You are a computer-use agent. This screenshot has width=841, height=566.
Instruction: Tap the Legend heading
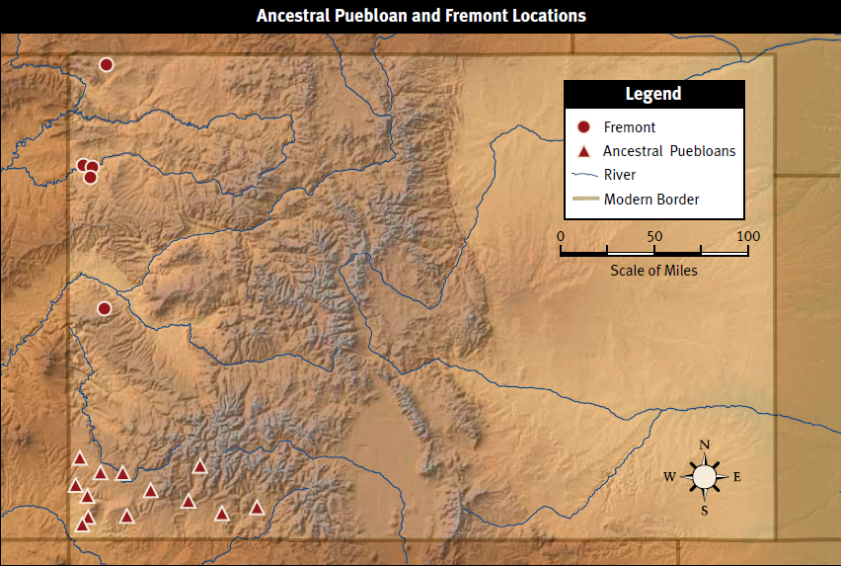pos(653,94)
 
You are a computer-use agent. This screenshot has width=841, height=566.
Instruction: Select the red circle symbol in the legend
pos(583,127)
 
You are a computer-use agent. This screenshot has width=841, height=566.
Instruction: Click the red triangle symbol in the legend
pos(583,152)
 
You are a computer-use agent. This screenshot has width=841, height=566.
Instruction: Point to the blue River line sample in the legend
pos(583,176)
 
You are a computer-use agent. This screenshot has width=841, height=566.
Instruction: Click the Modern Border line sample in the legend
pos(583,200)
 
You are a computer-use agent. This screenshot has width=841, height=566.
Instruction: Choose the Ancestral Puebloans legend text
pos(669,151)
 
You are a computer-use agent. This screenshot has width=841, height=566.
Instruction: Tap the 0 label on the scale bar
pos(561,236)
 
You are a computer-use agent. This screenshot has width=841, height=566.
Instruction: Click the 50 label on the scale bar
pos(653,236)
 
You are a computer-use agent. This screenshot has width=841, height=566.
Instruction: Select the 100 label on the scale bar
pos(747,236)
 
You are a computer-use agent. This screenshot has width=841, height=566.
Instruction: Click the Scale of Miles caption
pos(653,271)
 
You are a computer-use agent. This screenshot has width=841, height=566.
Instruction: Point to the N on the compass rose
pos(705,445)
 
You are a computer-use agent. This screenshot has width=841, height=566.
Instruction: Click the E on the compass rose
pos(736,477)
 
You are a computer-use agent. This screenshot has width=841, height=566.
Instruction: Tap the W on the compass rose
pos(670,477)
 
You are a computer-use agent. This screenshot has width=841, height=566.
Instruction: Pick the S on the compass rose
pos(705,510)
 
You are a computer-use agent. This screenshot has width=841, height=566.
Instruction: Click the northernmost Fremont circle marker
pos(107,65)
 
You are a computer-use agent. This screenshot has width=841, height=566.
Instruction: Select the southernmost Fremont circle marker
pos(105,309)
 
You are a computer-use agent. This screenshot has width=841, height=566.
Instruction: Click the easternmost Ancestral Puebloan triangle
pos(257,508)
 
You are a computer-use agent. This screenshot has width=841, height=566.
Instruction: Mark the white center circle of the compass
pos(705,477)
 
